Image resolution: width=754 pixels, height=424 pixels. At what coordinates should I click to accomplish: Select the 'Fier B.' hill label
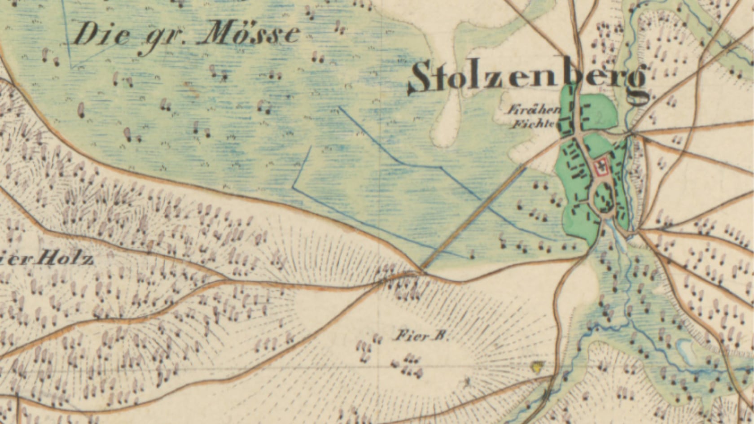tap(421, 336)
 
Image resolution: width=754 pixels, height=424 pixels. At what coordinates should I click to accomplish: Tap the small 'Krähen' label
tap(534, 109)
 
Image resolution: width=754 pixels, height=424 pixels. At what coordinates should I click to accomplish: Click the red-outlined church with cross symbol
tap(600, 167)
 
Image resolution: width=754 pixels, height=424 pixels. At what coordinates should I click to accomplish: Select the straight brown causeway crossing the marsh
tap(473, 218)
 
